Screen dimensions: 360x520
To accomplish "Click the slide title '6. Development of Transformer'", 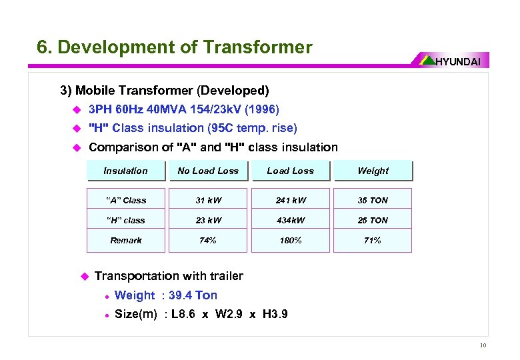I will click(174, 47).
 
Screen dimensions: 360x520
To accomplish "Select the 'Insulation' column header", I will click(125, 171).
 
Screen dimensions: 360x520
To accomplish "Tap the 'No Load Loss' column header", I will click(208, 171).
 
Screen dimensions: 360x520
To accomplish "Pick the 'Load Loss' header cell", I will click(290, 171).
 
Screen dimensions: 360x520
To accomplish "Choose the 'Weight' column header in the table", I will click(373, 171).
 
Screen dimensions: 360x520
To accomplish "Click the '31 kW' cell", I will click(208, 200).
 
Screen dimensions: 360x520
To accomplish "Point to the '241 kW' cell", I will click(290, 200).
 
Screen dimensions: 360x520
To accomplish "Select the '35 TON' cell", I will click(373, 200).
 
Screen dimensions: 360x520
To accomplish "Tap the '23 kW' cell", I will click(208, 220).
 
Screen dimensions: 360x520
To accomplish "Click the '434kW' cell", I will click(290, 220).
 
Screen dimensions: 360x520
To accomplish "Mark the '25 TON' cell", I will click(373, 220).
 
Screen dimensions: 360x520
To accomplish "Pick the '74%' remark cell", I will click(208, 240).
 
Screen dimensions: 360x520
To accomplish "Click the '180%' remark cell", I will click(290, 240).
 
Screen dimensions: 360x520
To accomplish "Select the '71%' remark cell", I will click(373, 240).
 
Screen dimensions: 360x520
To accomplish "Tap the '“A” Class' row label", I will click(125, 200).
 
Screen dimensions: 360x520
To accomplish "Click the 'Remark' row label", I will click(125, 240).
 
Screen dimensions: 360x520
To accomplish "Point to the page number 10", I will click(482, 345).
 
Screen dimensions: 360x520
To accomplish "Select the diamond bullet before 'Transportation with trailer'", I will click(84, 276).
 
